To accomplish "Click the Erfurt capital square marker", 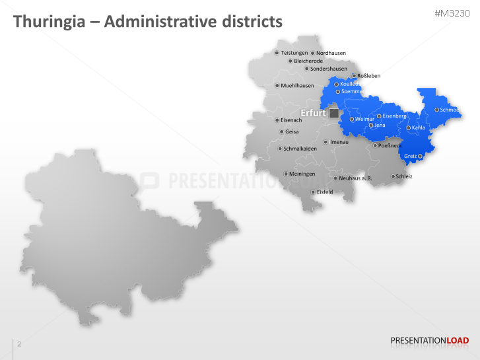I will (334, 114).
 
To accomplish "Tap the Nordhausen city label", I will (331, 53).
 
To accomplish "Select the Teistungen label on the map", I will (294, 53).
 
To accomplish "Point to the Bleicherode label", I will (308, 61).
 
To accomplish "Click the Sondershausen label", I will (329, 69).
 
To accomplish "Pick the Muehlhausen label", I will (297, 85).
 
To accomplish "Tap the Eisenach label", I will (291, 120).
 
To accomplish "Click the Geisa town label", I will (292, 131).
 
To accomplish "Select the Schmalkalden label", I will (300, 149).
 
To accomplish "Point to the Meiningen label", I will (302, 174).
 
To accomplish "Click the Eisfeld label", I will (325, 192).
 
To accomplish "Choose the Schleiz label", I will (404, 176).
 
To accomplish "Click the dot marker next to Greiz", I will (420, 157).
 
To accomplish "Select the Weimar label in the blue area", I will (364, 119).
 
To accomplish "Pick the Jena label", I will (380, 125).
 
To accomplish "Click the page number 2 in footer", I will (19, 344).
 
